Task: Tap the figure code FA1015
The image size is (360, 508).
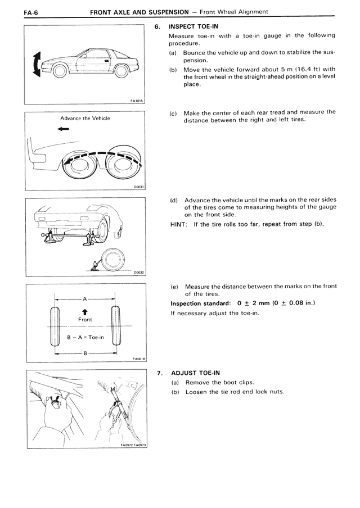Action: click(137, 101)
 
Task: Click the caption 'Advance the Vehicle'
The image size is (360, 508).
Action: click(85, 119)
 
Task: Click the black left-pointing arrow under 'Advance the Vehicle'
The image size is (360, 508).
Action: click(63, 129)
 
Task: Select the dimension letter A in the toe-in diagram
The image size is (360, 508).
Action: click(84, 299)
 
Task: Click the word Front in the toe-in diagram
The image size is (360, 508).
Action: click(84, 319)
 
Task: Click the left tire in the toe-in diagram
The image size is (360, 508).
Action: click(55, 326)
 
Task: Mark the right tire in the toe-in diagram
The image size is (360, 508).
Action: click(116, 326)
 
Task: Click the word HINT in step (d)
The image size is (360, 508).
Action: click(178, 224)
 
